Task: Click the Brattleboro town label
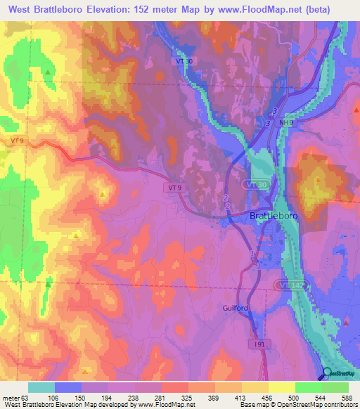tap(274, 216)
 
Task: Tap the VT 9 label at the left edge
tap(19, 141)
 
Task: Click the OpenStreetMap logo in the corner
tap(339, 375)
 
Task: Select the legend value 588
tap(346, 398)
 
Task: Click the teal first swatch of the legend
tap(41, 387)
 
